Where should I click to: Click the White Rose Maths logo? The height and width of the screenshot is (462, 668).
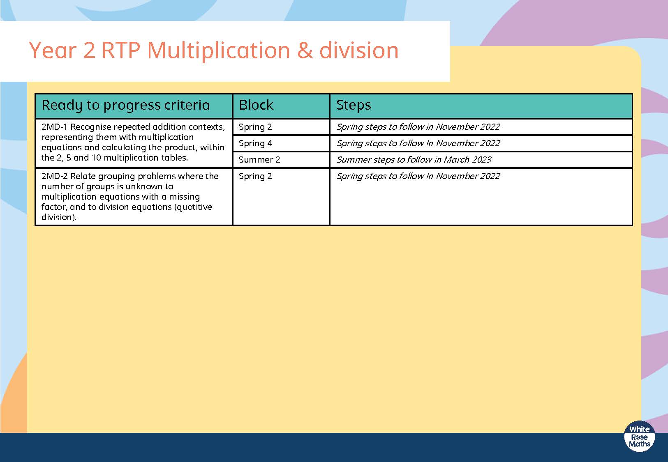pyautogui.click(x=639, y=437)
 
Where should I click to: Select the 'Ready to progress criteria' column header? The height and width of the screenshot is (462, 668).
pyautogui.click(x=125, y=105)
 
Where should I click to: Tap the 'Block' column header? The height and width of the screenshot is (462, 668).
pyautogui.click(x=256, y=105)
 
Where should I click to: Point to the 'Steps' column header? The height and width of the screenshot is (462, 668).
pyautogui.click(x=354, y=105)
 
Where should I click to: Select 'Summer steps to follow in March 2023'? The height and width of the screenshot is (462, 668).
pyautogui.click(x=414, y=160)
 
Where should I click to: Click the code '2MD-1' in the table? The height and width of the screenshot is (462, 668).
pyautogui.click(x=55, y=127)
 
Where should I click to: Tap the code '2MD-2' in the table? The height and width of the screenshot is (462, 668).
pyautogui.click(x=55, y=176)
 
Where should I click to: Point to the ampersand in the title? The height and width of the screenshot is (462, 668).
pyautogui.click(x=305, y=51)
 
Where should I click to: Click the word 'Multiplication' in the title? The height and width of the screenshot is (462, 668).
pyautogui.click(x=218, y=51)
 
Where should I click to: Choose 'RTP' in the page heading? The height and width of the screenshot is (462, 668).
pyautogui.click(x=121, y=50)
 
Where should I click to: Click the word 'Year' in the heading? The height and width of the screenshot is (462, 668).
pyautogui.click(x=53, y=50)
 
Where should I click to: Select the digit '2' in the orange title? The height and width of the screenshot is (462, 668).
pyautogui.click(x=89, y=51)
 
